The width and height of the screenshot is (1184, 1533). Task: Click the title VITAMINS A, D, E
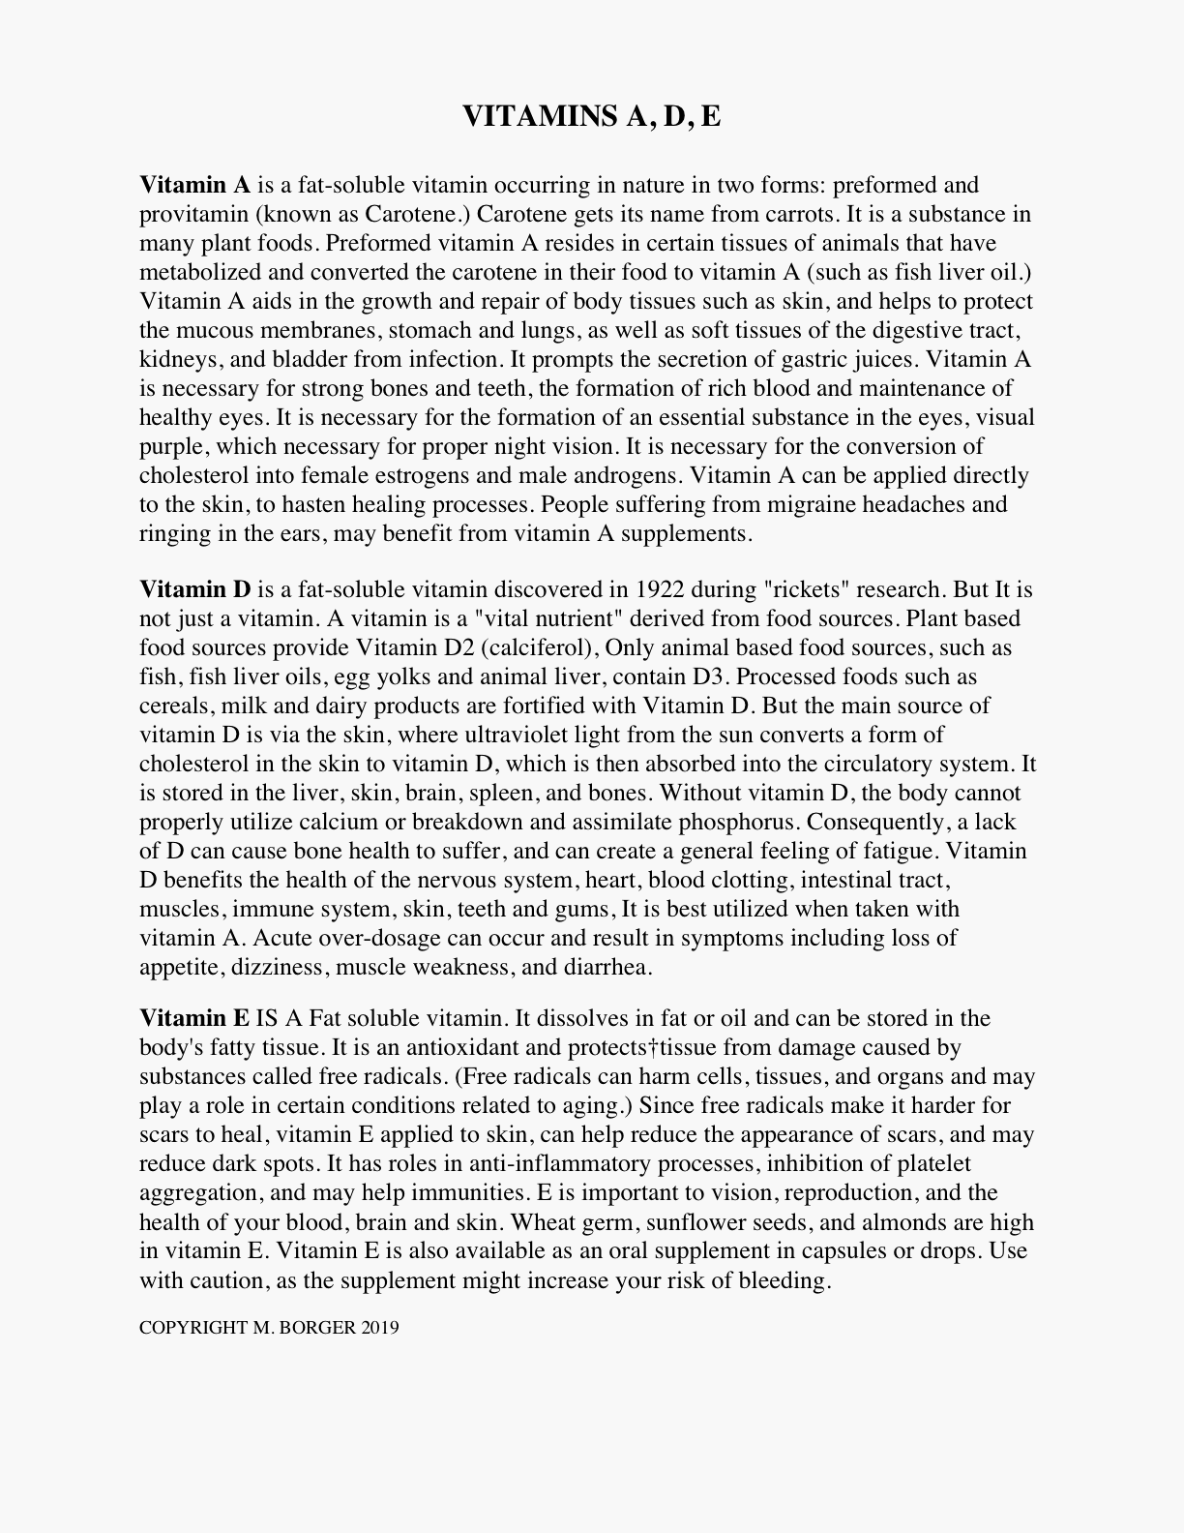[591, 116]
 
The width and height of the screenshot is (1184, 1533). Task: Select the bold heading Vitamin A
[194, 185]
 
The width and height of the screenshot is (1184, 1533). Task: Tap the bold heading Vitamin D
[194, 589]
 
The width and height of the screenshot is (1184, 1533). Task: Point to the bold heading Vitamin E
[194, 1018]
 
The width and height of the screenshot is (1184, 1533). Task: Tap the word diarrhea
[608, 967]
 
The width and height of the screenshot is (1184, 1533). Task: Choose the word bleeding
[784, 1280]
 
